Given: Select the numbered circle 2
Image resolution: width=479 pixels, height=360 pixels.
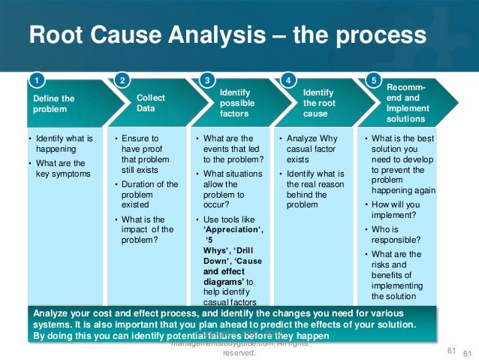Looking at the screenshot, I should (x=122, y=79).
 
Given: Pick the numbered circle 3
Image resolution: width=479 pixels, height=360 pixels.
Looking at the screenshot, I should (x=207, y=79).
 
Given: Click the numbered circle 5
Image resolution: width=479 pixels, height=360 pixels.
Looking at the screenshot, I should (x=374, y=79).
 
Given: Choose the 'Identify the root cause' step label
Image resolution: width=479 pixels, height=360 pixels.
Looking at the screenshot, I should (x=316, y=103).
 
